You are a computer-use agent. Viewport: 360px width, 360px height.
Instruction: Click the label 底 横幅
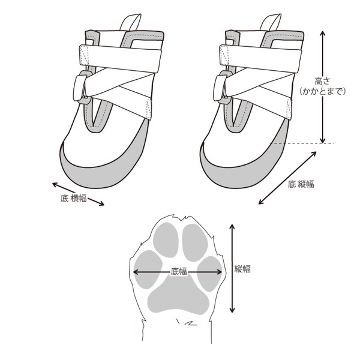74,198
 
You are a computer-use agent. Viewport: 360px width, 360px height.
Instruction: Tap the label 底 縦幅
301,184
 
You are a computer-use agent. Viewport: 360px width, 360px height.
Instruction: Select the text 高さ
322,81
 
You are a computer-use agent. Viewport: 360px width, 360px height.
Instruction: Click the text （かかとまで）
322,91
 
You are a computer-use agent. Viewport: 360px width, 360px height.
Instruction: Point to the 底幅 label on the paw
179,272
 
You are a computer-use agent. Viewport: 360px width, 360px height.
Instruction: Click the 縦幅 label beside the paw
242,269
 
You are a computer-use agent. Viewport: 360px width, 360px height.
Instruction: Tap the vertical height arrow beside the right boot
323,87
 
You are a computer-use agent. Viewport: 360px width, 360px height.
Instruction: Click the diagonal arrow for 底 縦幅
287,178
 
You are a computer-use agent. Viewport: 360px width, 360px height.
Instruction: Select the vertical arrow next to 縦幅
232,268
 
